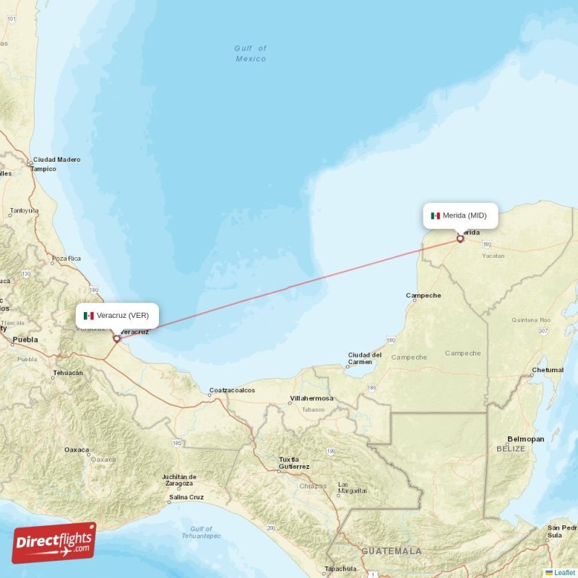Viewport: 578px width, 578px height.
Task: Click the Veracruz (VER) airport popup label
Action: coord(117,316)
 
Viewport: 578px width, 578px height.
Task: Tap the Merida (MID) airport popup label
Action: coord(460,215)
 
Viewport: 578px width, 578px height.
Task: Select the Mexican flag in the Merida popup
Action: coord(436,215)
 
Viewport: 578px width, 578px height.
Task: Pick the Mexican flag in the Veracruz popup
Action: coord(89,316)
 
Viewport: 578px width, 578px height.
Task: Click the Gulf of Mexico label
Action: coord(251,53)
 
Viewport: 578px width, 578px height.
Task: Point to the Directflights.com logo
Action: coord(53,543)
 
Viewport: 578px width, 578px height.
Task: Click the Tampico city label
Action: coord(43,169)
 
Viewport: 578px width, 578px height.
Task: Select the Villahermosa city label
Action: coord(311,398)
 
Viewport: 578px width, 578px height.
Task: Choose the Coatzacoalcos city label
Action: coord(232,390)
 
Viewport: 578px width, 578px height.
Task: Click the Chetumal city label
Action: coord(547,370)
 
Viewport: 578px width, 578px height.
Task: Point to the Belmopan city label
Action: coord(525,439)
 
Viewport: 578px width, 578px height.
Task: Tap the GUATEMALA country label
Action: coord(392,551)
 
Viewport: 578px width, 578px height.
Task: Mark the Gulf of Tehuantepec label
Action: coord(202,532)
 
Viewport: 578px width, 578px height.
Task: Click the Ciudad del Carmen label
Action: coord(365,358)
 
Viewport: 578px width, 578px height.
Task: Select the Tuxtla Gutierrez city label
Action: coord(294,462)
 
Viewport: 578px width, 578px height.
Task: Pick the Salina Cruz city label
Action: coord(186,497)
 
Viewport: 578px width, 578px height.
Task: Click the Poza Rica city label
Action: coord(66,258)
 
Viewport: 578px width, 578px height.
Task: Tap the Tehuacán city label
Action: coord(68,374)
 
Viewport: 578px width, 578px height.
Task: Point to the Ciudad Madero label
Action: coord(56,160)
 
